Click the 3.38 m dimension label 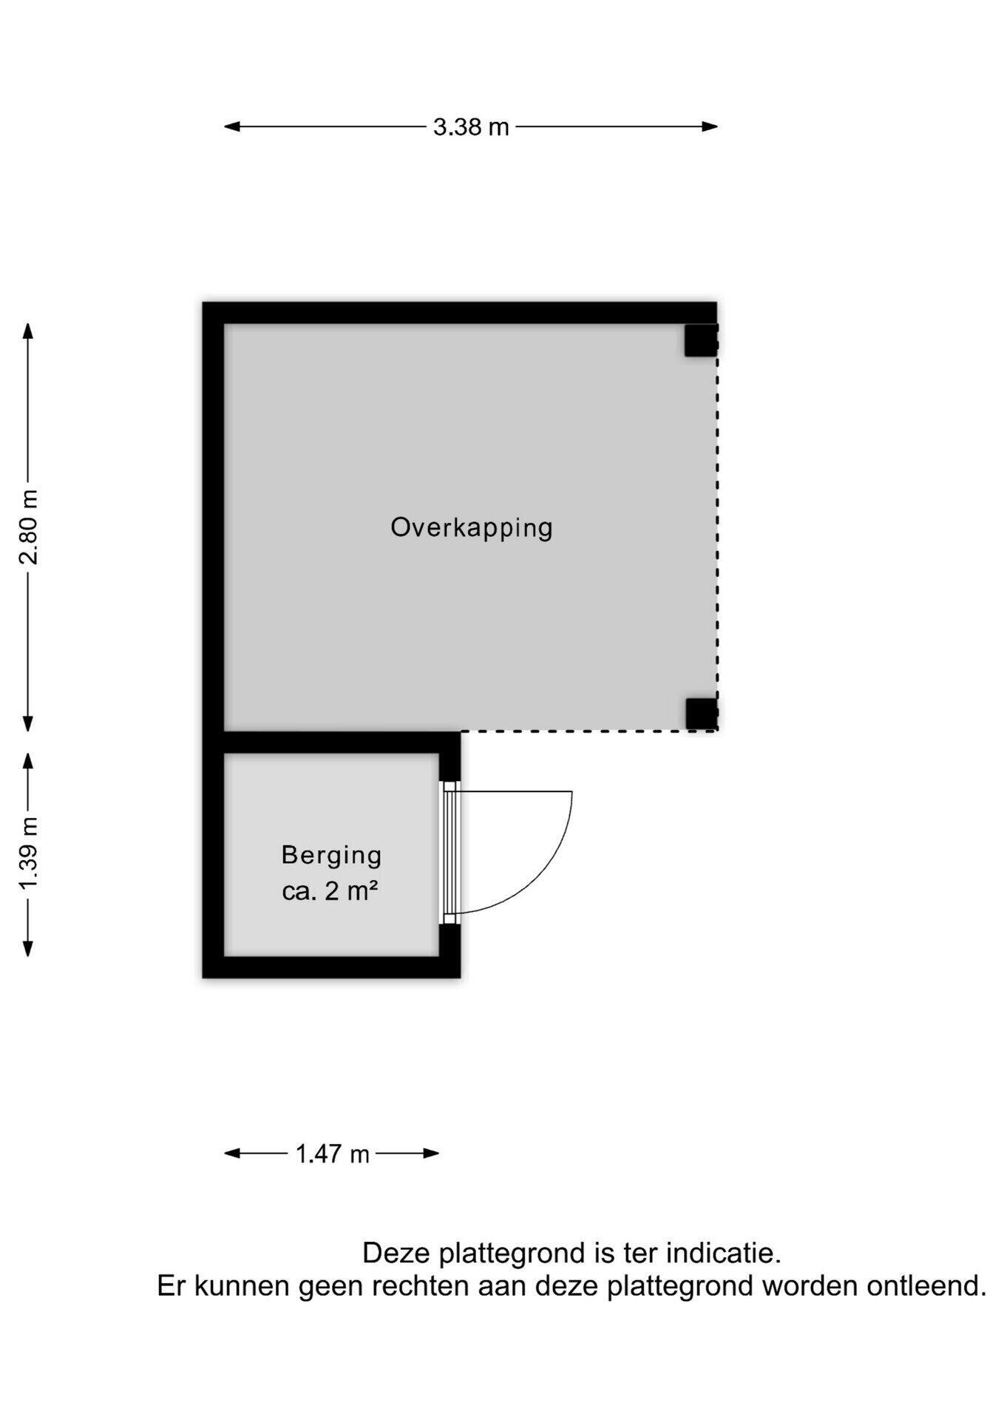471,127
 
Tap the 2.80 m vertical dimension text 29,527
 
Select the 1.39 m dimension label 29,854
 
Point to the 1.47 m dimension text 332,1153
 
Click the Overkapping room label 472,528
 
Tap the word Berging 331,856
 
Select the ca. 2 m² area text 330,891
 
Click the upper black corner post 700,340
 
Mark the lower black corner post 701,714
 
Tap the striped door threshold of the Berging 450,853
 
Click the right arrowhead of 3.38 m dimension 710,126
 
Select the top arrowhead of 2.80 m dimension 28,331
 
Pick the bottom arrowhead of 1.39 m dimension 28,947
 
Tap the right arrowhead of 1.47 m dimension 430,1153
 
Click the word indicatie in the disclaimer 724,1254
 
